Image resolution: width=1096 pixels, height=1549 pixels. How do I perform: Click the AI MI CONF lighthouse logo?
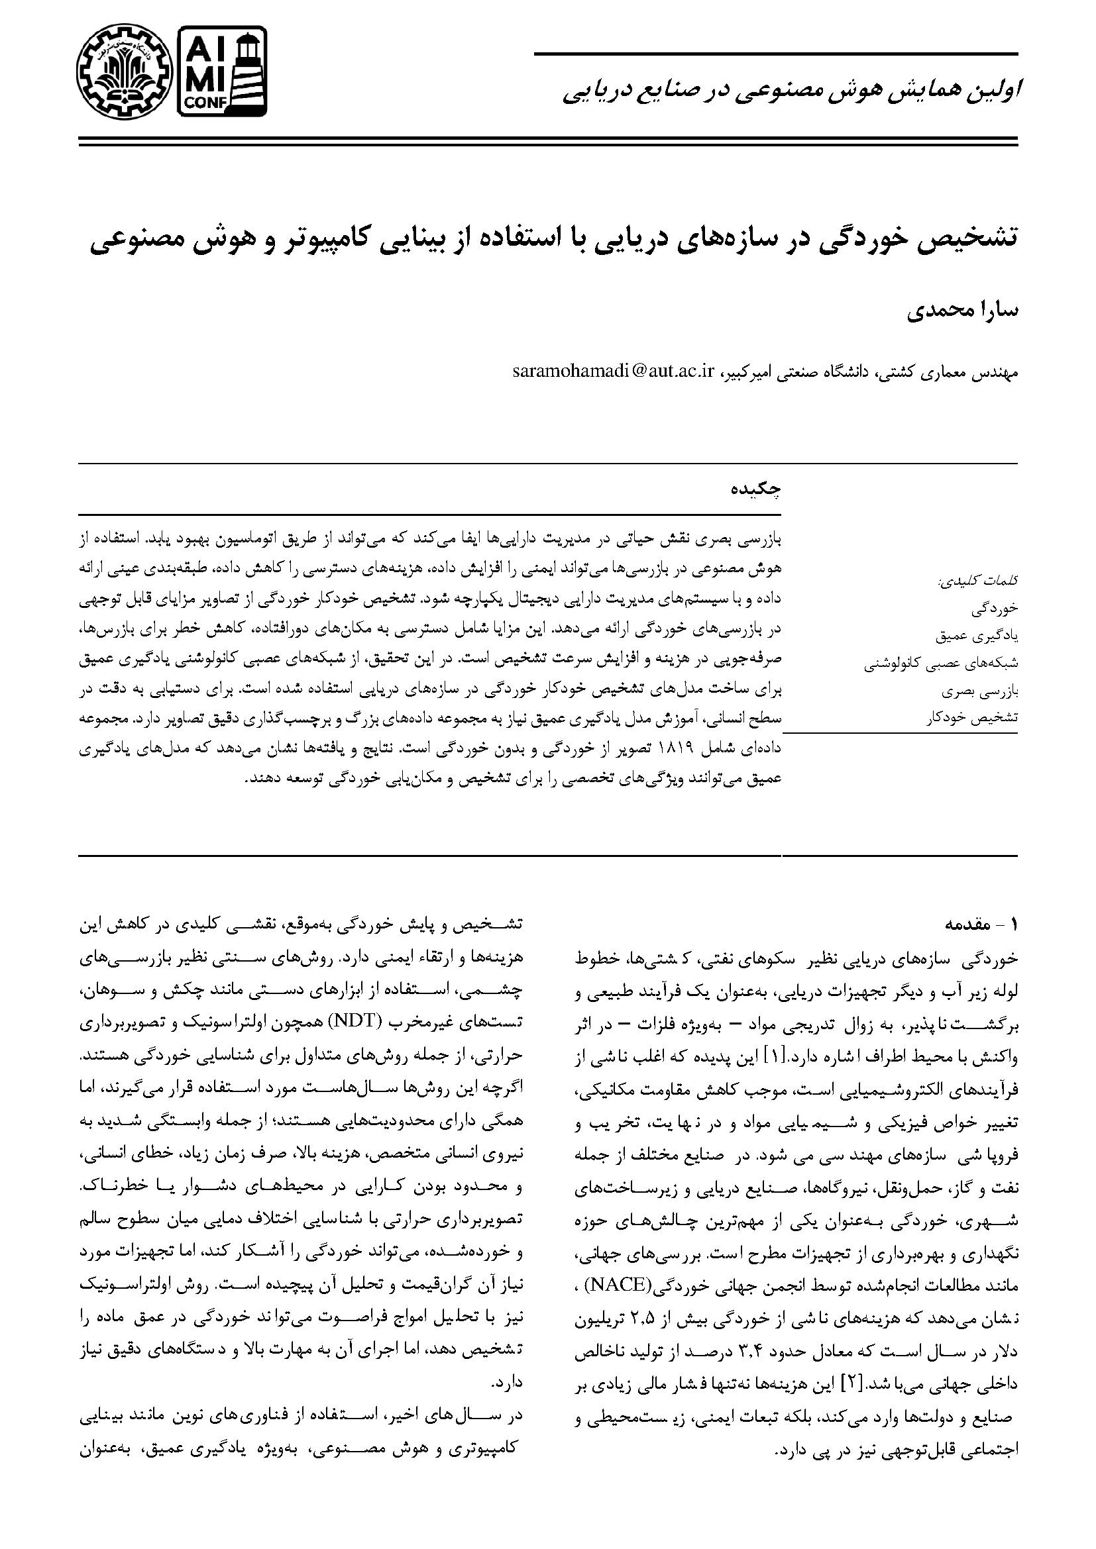pos(221,71)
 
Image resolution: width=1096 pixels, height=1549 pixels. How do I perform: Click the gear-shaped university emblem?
pos(121,71)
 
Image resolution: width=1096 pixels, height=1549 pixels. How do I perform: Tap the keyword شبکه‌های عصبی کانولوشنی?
pos(942,663)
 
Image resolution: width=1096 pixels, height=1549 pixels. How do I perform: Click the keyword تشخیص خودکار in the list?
pos(973,718)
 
